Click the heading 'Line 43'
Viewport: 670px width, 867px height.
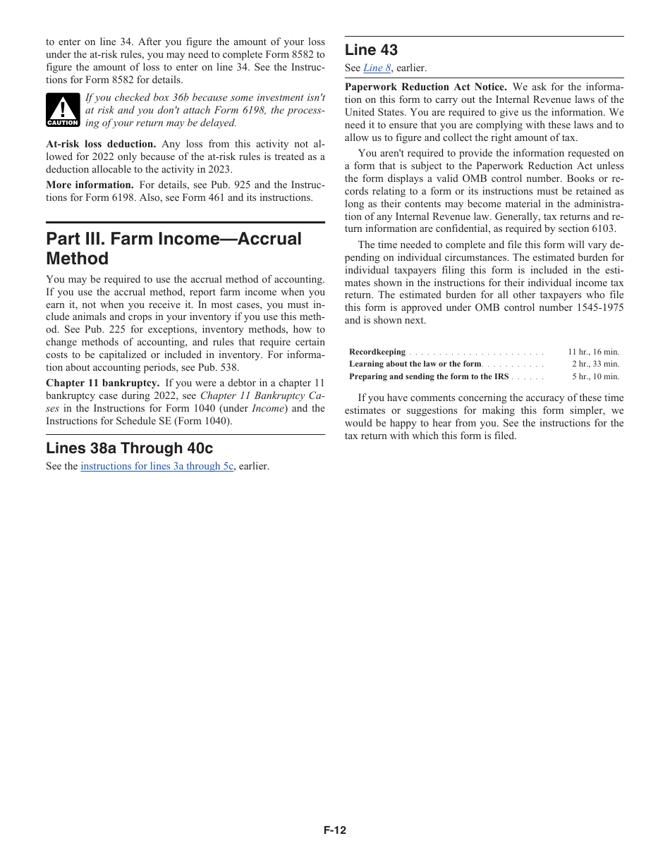coord(371,50)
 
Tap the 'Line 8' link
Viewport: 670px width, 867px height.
coord(377,68)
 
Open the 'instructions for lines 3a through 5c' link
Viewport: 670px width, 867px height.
coord(157,466)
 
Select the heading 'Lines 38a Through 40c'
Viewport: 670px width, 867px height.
coord(129,448)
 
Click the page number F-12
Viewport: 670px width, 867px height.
coord(335,830)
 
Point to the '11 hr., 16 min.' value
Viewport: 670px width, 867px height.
coord(593,352)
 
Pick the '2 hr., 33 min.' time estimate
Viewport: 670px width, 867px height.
coord(595,364)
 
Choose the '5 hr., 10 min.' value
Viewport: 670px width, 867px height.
coord(595,376)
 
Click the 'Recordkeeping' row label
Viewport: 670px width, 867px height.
coord(377,352)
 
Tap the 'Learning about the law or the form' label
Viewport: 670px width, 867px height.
coord(415,364)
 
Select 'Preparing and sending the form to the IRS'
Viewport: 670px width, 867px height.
coord(429,376)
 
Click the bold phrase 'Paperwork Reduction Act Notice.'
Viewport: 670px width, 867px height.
coord(425,87)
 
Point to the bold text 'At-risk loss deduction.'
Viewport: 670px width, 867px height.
coord(101,144)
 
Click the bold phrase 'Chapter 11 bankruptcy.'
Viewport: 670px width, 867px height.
coord(102,383)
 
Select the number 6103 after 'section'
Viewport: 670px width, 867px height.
coord(602,229)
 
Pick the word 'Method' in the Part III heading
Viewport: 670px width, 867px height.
coord(78,259)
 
